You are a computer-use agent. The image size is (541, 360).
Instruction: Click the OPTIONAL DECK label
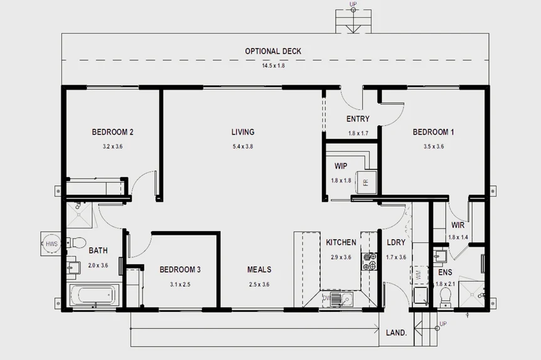click(272, 51)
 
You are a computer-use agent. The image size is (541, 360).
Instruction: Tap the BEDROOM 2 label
click(113, 132)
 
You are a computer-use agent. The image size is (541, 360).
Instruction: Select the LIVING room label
click(243, 132)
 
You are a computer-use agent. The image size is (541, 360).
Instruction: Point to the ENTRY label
click(358, 119)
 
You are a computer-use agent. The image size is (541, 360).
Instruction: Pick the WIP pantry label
click(341, 167)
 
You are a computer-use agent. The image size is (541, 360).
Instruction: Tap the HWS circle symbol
click(51, 244)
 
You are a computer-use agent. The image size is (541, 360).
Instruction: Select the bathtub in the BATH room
click(92, 295)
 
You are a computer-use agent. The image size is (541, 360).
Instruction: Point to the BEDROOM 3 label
click(180, 270)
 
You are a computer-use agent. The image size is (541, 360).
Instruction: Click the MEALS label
click(259, 270)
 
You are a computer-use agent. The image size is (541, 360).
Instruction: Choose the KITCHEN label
click(341, 242)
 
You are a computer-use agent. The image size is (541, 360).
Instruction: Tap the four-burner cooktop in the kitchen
click(369, 261)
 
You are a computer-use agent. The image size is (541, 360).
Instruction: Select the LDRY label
click(396, 242)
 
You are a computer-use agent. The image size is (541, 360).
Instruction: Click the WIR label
click(457, 225)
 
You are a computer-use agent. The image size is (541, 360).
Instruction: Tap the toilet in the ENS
click(445, 302)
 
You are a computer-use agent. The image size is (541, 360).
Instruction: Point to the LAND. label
click(397, 332)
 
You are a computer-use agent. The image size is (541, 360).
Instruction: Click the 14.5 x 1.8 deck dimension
click(273, 66)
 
